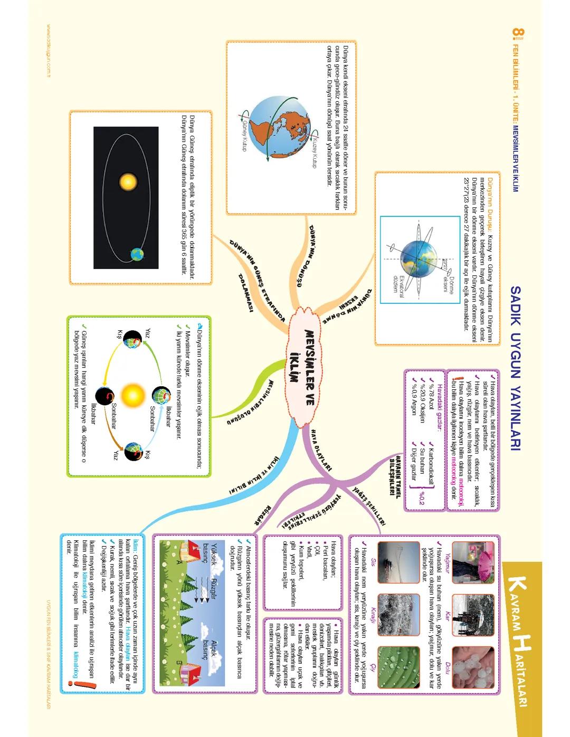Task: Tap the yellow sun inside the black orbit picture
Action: [x=128, y=182]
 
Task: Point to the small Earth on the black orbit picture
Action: [x=137, y=255]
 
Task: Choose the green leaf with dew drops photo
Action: [x=398, y=667]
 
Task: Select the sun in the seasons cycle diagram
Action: [x=131, y=396]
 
